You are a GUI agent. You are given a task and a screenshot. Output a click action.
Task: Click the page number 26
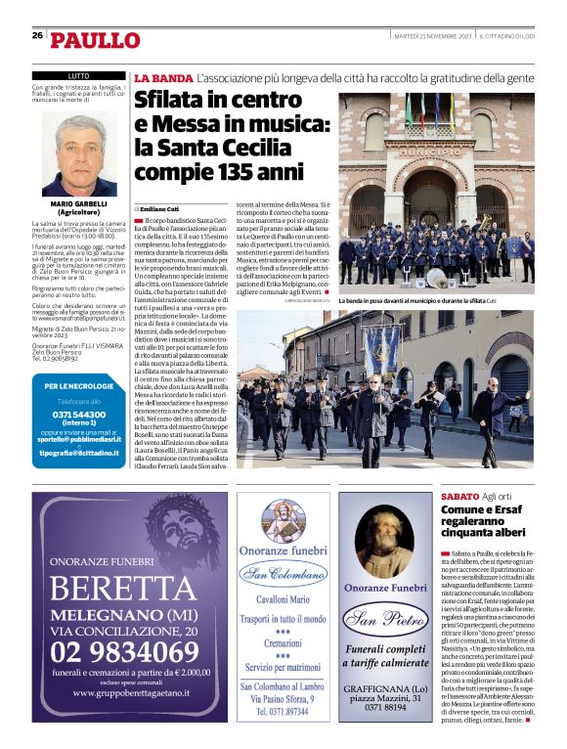click(37, 35)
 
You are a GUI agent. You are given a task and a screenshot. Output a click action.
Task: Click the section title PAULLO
click(96, 40)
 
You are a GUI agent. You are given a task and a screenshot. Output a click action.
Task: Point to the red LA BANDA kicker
click(163, 77)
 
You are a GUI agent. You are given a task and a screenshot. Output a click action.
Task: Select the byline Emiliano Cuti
click(162, 209)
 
